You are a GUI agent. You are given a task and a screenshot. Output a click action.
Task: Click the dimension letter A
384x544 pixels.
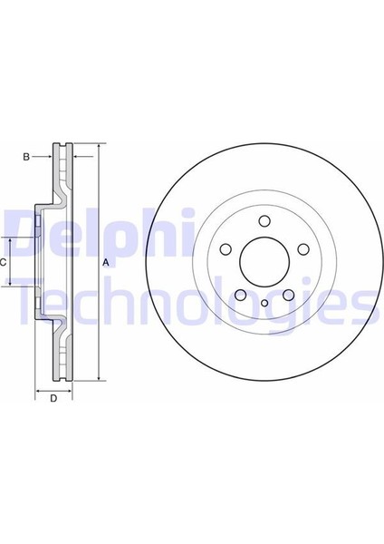coord(106,263)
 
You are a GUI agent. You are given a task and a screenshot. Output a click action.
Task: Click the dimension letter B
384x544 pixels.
coord(26,157)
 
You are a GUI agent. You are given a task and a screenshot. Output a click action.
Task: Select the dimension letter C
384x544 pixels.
coord(4,262)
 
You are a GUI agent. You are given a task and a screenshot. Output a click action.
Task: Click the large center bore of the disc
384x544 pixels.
coord(262,261)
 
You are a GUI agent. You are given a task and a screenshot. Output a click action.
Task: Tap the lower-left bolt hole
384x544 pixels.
coord(239,294)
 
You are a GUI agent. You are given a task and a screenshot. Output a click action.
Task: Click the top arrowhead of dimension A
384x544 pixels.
coord(98,147)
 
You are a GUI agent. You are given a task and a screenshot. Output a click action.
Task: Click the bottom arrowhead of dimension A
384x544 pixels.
coord(98,376)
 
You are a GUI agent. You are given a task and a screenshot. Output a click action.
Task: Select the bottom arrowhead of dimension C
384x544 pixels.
coord(12,283)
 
